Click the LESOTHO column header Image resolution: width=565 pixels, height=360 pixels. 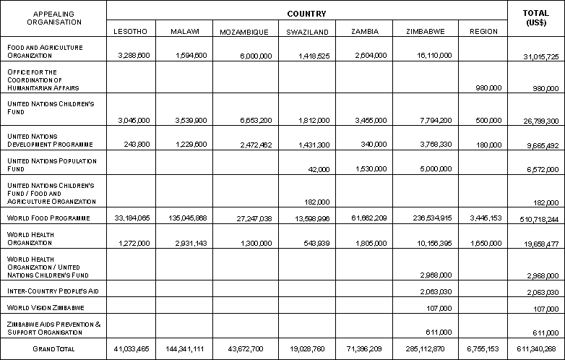[x=131, y=32]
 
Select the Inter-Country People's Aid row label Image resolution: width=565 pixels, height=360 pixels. [x=53, y=290]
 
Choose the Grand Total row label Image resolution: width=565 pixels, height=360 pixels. [x=53, y=348]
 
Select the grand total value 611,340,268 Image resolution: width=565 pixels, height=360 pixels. [x=536, y=349]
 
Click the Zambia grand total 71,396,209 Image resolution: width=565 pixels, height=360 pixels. [x=366, y=349]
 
